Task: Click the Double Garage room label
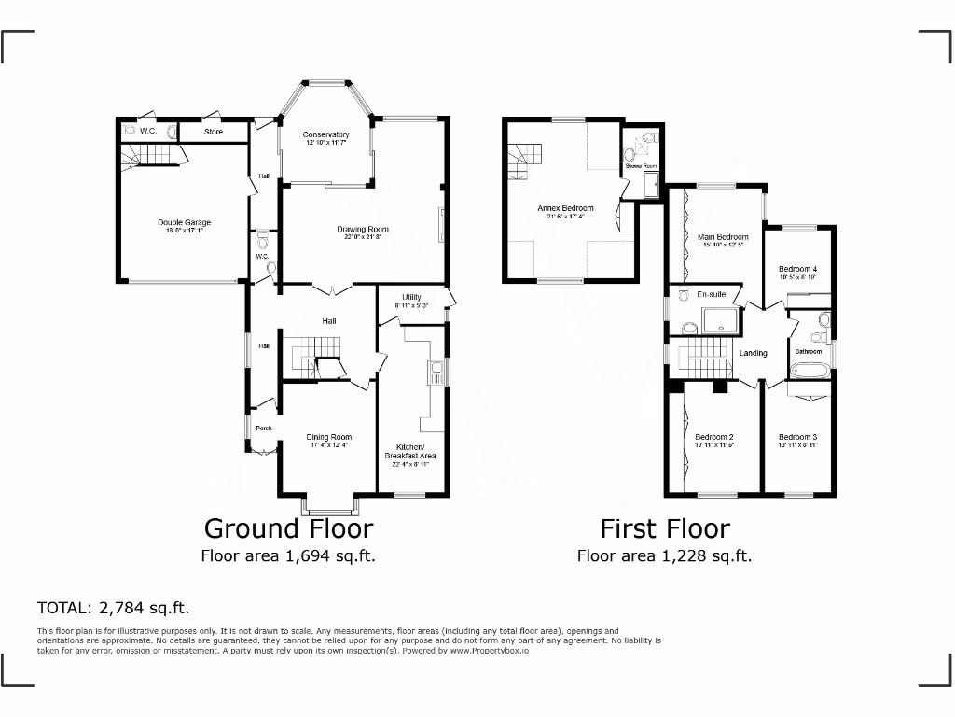(x=184, y=222)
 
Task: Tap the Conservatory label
(x=325, y=134)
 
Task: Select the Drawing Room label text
(x=363, y=229)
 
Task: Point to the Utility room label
(x=411, y=297)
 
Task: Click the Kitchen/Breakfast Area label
(x=410, y=452)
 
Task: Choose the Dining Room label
(x=329, y=437)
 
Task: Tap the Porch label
(x=264, y=429)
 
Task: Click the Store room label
(x=215, y=133)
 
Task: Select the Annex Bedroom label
(x=565, y=208)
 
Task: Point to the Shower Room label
(x=642, y=165)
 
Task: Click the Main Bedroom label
(x=724, y=237)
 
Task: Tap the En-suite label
(x=712, y=294)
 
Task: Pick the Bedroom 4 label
(x=798, y=269)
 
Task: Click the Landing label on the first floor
(x=753, y=353)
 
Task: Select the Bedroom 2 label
(x=715, y=437)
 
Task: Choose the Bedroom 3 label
(x=798, y=437)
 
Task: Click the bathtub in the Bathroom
(x=810, y=372)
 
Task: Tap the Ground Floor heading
(x=288, y=528)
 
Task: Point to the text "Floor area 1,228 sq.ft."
(x=664, y=556)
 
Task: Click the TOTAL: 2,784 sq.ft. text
(x=113, y=608)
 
